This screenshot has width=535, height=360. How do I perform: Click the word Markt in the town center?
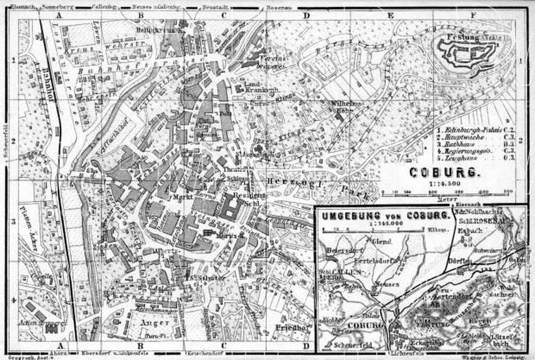tap(182, 197)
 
